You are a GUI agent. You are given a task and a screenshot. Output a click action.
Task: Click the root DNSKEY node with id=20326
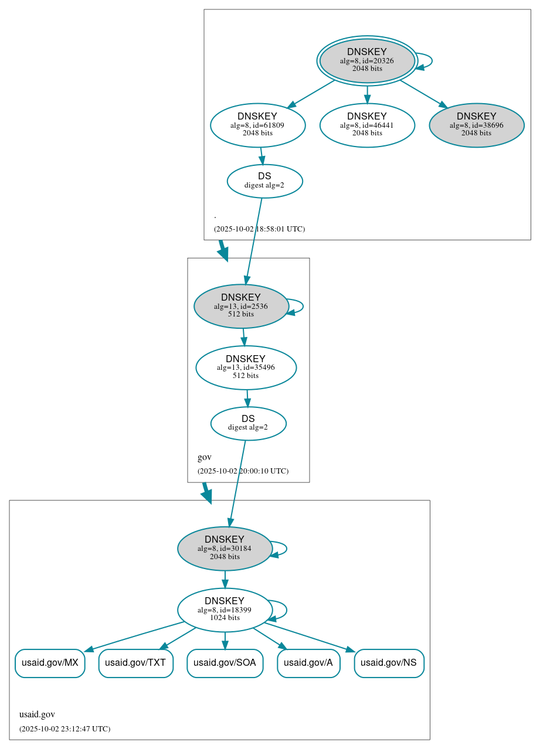point(367,60)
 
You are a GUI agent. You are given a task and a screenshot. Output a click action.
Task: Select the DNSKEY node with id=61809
point(258,125)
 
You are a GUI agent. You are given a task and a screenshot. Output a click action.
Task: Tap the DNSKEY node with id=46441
point(367,125)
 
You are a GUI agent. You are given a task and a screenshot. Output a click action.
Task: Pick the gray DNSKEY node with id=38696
point(476,125)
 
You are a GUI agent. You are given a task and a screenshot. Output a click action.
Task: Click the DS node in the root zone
point(264,181)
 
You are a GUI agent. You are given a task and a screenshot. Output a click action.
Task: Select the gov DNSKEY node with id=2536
point(241,306)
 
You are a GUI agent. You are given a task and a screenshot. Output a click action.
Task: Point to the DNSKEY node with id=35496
point(246,367)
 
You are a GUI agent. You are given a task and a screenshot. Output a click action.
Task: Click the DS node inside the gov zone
point(248,423)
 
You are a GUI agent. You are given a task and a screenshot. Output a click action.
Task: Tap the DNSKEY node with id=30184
point(225,549)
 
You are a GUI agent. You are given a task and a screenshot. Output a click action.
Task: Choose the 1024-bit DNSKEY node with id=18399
point(225,610)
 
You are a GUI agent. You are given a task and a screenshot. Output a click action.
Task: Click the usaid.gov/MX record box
point(50,663)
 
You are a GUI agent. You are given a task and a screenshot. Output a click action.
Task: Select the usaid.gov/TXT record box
point(135,663)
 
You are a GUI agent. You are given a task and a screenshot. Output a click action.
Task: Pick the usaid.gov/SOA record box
point(225,663)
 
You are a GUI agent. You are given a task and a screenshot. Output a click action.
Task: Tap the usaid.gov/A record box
point(308,663)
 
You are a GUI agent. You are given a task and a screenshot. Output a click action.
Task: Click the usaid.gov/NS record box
point(389,663)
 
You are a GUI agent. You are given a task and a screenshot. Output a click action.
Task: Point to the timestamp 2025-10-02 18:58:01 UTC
point(259,229)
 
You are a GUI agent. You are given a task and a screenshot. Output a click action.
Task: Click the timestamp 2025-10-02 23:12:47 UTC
point(64,728)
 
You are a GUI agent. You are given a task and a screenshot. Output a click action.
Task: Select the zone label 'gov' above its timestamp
point(205,457)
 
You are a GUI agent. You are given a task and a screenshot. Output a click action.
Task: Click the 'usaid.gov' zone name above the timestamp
point(37,714)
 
